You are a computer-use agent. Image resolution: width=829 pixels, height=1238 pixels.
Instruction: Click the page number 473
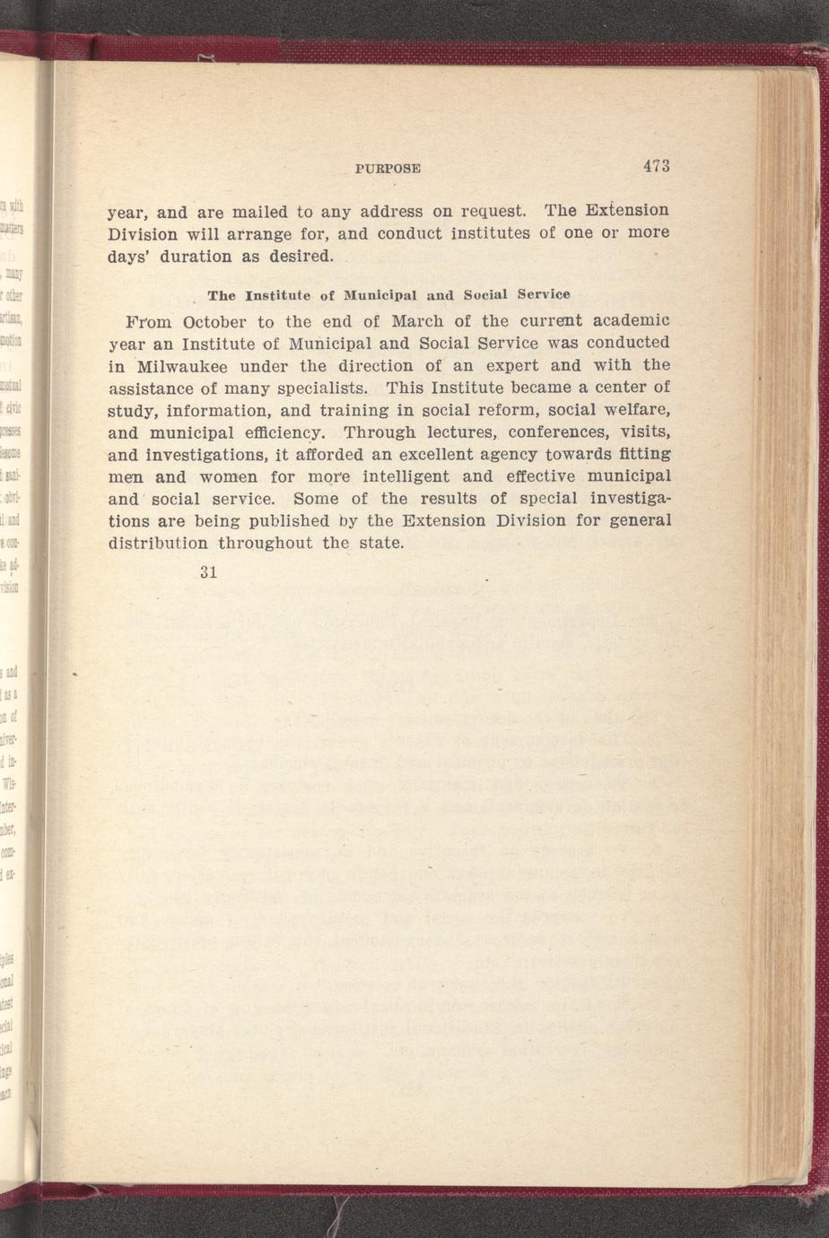click(656, 166)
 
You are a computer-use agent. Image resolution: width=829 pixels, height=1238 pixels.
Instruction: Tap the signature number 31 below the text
click(209, 572)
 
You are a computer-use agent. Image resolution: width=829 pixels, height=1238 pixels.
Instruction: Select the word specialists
click(322, 388)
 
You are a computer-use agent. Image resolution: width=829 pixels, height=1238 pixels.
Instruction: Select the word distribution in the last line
click(159, 543)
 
